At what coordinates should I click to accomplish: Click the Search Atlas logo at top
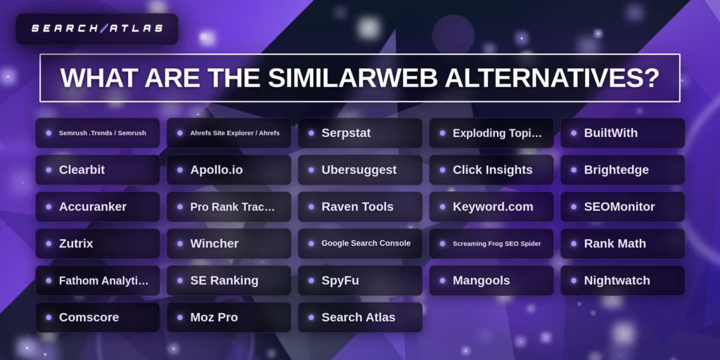(x=97, y=29)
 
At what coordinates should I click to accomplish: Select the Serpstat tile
(x=360, y=133)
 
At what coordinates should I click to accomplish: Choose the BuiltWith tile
(x=622, y=133)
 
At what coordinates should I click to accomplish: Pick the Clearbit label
(x=82, y=169)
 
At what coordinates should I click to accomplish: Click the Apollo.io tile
(x=229, y=169)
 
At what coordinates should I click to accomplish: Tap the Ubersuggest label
(x=359, y=169)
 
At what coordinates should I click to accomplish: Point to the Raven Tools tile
(x=360, y=207)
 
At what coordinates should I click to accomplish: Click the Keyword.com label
(x=492, y=207)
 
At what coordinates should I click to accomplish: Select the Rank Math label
(x=615, y=243)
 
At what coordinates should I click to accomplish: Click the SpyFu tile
(x=360, y=281)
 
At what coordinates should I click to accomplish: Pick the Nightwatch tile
(x=622, y=281)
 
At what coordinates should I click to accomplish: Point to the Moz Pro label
(x=214, y=317)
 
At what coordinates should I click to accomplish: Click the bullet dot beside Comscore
(x=49, y=317)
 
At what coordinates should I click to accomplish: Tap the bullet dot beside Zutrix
(x=49, y=243)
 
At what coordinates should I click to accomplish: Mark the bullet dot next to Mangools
(x=442, y=281)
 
